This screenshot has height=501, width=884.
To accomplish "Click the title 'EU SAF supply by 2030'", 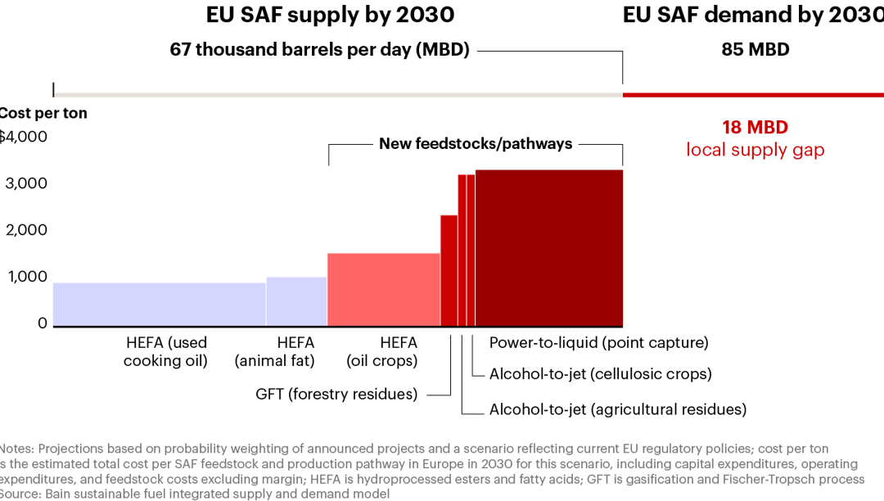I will pos(330,15).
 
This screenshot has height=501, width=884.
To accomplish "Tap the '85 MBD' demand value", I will pos(755,49).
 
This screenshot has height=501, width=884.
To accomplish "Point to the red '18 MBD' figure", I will pos(755,128).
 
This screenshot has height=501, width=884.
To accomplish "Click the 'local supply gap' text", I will pos(755,150).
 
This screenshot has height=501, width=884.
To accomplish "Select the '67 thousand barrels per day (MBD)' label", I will pos(319,49).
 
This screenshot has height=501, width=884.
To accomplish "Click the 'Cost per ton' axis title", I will pos(43,113).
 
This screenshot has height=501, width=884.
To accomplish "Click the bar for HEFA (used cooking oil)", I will pos(159,305).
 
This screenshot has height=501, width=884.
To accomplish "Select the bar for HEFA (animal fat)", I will pos(296,301).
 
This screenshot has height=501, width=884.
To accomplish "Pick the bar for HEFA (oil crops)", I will pos(383,290).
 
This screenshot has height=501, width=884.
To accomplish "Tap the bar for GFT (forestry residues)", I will pos(449,270).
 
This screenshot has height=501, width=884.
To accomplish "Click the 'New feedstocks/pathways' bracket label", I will pos(475,144).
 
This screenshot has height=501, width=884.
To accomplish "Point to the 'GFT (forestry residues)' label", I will pos(336,394).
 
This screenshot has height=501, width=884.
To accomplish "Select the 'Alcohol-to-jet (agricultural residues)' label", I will pos(617,409).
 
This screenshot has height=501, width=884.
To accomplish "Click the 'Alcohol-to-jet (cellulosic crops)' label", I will pos(600,374).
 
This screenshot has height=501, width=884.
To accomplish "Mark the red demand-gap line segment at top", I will pos(753,95).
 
